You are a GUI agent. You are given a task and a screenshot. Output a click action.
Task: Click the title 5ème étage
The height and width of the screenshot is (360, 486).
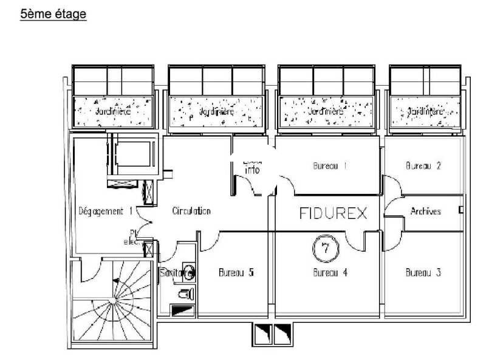[53, 14]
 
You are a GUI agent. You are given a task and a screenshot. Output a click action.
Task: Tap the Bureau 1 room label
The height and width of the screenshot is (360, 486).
[329, 165]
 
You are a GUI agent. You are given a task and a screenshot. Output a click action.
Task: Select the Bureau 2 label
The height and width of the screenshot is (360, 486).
[423, 165]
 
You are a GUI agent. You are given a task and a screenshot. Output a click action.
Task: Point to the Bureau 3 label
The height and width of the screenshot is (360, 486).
[423, 272]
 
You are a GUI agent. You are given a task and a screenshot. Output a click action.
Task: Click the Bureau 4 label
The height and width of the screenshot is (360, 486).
[329, 272]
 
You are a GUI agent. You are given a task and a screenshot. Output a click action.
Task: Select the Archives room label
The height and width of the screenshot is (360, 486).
[425, 212]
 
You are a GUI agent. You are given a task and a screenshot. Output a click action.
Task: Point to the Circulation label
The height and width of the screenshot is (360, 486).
[191, 211]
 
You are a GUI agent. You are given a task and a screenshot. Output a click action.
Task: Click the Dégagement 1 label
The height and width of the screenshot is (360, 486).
[106, 211]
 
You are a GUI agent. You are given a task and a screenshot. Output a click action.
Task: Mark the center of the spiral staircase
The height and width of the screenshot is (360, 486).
[112, 301]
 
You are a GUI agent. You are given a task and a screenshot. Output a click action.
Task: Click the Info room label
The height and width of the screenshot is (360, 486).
[252, 170]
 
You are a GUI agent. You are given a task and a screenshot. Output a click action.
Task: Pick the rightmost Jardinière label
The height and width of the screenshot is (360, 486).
[425, 112]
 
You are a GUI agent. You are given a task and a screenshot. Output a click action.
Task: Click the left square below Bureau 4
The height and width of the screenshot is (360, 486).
[260, 333]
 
